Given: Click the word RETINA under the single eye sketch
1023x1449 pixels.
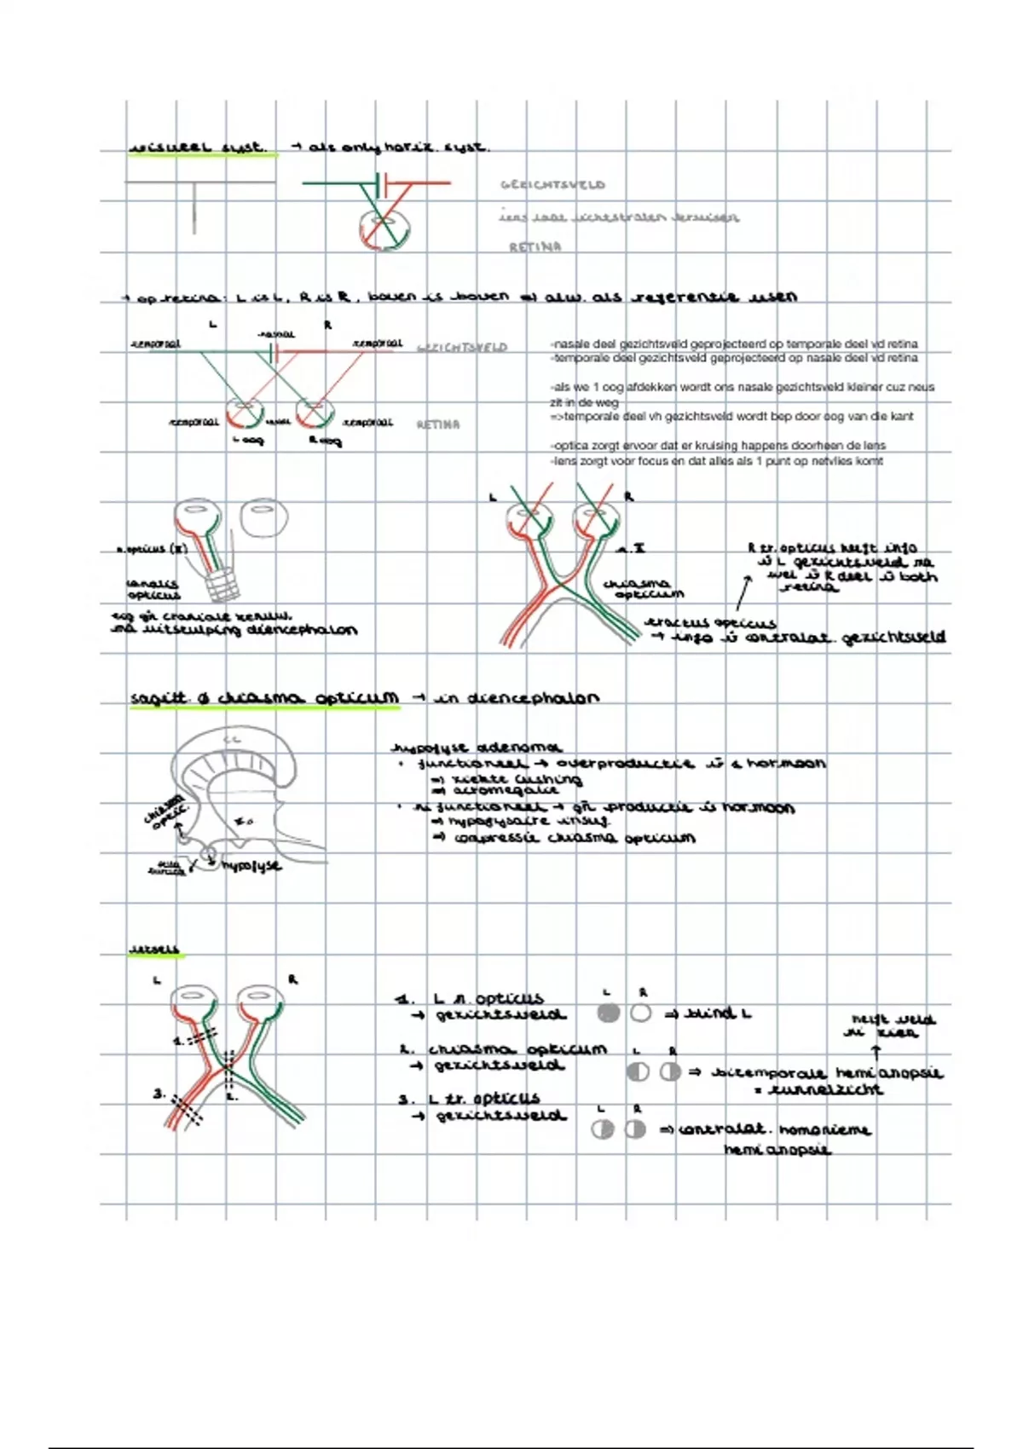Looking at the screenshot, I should pyautogui.click(x=535, y=247).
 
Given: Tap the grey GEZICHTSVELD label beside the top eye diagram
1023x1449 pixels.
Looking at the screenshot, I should pyautogui.click(x=552, y=184).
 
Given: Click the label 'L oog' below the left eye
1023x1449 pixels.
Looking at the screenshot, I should pyautogui.click(x=248, y=441).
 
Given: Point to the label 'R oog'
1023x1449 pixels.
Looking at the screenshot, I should pyautogui.click(x=325, y=441).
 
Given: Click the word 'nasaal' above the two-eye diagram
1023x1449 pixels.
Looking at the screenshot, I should pyautogui.click(x=275, y=334).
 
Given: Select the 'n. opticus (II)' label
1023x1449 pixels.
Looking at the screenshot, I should pyautogui.click(x=152, y=550).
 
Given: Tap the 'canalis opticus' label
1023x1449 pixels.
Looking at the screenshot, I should pyautogui.click(x=153, y=589).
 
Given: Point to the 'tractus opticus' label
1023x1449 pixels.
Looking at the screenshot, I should pyautogui.click(x=710, y=623).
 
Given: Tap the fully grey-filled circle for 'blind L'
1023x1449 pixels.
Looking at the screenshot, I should pyautogui.click(x=608, y=1013).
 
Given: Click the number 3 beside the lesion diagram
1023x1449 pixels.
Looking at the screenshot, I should pyautogui.click(x=159, y=1093).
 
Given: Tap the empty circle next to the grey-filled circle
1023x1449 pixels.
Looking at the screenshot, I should pyautogui.click(x=641, y=1013).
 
